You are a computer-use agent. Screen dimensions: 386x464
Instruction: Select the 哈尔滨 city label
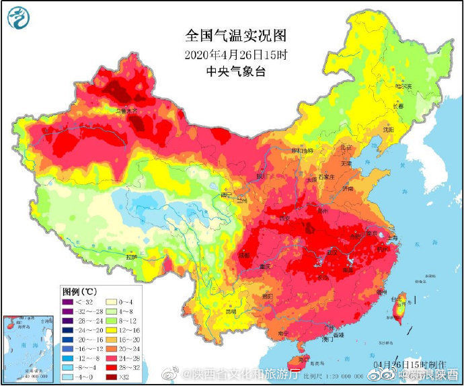pos(403,86)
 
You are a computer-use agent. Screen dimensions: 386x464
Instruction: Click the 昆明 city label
pos(232,312)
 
